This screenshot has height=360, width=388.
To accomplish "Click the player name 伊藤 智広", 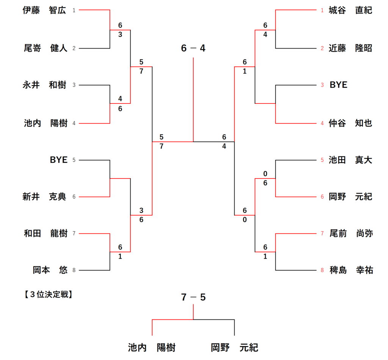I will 44,11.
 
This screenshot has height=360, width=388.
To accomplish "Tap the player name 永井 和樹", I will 44,85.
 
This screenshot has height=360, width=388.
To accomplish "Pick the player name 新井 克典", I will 44,197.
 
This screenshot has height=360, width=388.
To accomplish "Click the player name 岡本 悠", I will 50,270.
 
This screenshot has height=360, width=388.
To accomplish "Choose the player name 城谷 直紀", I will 350,11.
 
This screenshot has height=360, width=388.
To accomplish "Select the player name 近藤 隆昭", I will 350,48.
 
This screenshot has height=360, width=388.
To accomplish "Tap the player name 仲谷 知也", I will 350,123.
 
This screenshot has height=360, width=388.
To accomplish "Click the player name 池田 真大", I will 350,160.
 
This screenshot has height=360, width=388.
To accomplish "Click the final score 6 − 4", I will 193,49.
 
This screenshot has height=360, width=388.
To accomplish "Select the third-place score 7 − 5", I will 193,297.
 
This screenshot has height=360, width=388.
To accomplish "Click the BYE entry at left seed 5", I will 58,160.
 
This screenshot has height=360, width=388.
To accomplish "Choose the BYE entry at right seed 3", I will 338,85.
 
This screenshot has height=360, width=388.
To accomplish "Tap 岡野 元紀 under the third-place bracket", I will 235,347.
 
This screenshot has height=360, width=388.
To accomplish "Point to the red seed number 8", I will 322,270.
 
